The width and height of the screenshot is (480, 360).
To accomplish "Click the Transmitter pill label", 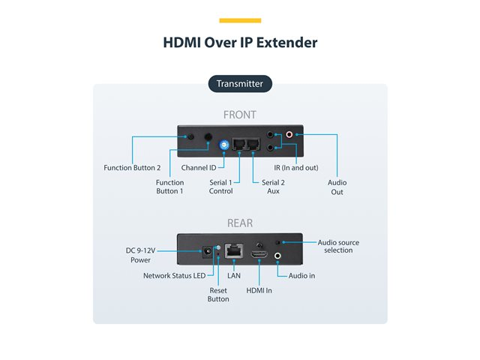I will [239, 84].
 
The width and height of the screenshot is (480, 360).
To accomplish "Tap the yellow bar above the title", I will [240, 20].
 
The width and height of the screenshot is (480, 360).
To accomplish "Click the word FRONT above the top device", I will [240, 115].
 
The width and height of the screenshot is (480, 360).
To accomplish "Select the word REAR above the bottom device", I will [240, 223].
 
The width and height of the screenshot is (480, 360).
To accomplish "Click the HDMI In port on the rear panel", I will [259, 256].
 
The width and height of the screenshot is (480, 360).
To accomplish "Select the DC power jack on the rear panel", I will [201, 253].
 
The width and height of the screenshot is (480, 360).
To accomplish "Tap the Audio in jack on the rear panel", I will [279, 256].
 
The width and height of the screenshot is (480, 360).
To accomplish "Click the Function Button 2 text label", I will [132, 167].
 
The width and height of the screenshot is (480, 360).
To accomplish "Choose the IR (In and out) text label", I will [298, 167].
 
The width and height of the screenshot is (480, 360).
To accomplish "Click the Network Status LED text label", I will [174, 276].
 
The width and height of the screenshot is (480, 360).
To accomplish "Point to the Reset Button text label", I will [218, 295].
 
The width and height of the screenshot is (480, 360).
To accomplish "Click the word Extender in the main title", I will [285, 42].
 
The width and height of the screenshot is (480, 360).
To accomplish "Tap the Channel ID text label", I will [199, 167].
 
